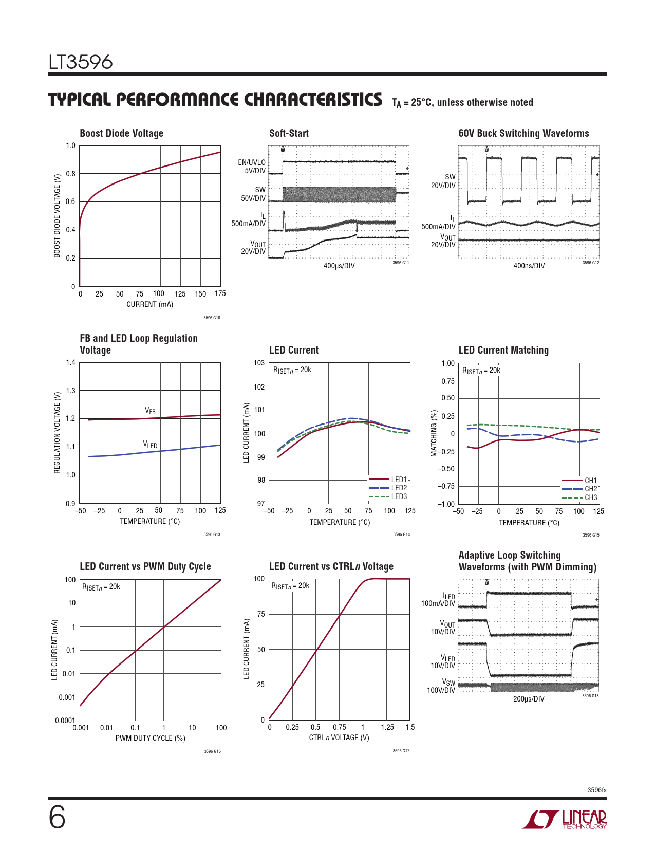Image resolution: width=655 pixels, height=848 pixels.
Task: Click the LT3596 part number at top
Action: [x=81, y=62]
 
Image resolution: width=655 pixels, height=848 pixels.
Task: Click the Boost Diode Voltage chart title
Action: [x=121, y=133]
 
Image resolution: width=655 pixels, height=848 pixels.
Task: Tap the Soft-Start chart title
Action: [x=289, y=133]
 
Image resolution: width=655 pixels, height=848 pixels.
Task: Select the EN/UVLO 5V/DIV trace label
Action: [x=252, y=167]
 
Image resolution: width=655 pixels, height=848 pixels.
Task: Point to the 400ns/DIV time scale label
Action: [x=529, y=266]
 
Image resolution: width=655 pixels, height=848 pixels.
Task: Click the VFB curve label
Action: [x=150, y=411]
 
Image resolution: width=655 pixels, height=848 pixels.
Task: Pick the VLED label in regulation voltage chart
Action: [x=150, y=445]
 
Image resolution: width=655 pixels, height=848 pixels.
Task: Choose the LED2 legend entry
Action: [x=399, y=488]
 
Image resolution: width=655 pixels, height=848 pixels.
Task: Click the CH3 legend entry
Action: [x=591, y=497]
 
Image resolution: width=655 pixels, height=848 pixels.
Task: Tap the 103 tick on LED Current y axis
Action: [x=259, y=363]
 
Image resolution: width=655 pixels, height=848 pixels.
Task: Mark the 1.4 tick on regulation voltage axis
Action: [x=70, y=363]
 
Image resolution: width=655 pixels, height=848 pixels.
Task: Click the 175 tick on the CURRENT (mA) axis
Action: [x=220, y=293]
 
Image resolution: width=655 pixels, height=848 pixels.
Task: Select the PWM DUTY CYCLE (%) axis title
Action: [x=150, y=738]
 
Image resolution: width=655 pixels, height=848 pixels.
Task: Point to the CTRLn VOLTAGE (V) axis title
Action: [x=339, y=738]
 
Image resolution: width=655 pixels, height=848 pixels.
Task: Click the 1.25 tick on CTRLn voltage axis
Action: [x=387, y=727]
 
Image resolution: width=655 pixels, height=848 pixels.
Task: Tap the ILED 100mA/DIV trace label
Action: [x=438, y=600]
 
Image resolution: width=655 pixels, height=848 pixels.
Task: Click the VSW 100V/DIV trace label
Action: [x=441, y=687]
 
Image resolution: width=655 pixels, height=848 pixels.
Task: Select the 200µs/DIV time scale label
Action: [x=529, y=699]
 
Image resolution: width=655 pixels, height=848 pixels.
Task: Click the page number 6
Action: [x=57, y=818]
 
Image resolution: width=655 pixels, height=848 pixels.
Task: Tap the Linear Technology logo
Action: [x=565, y=819]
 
